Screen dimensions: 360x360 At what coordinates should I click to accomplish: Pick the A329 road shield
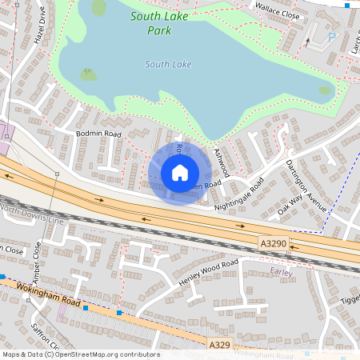(220, 344)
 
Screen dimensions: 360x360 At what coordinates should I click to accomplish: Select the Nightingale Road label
(240, 194)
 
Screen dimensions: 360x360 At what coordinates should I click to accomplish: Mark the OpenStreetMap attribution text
(80, 354)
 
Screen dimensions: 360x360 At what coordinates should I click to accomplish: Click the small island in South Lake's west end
(88, 75)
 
